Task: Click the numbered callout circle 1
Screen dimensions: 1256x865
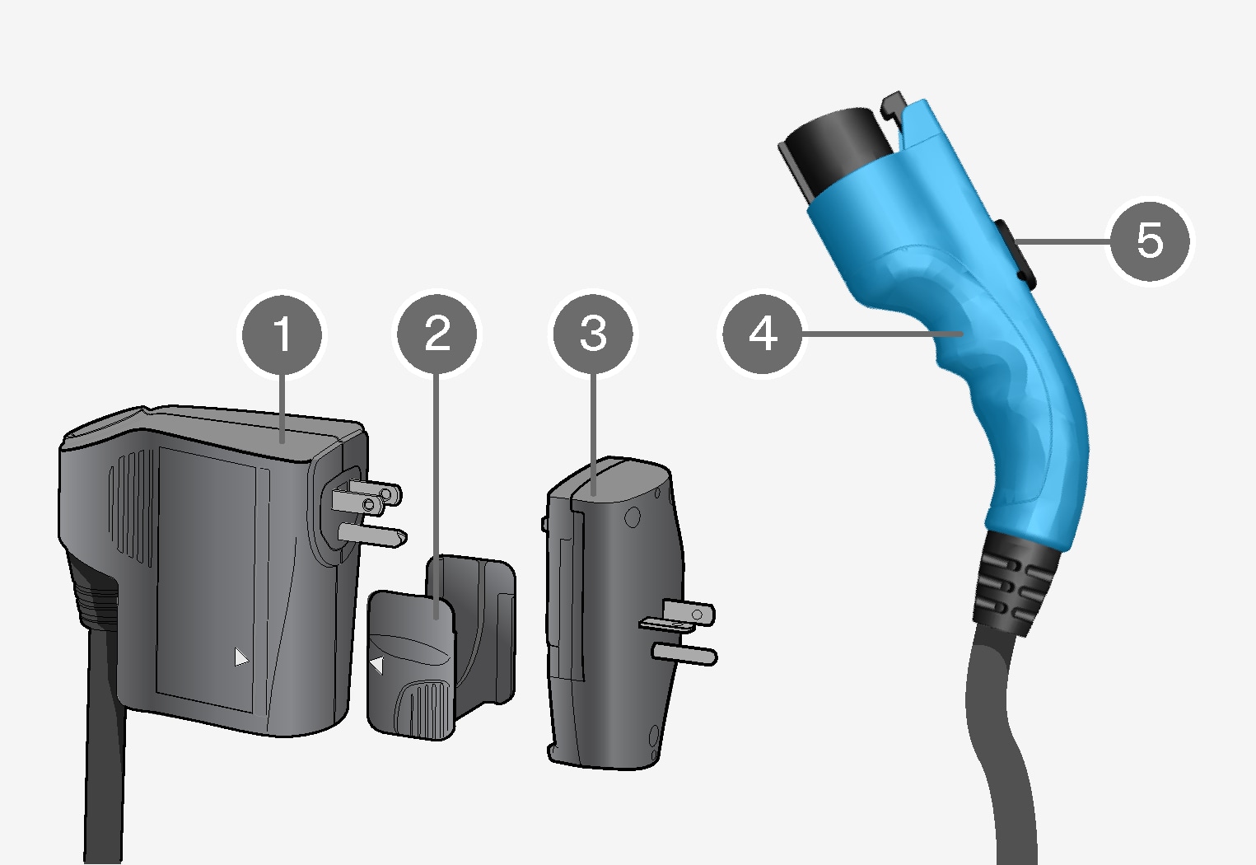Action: (x=282, y=335)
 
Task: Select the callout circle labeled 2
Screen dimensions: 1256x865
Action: (x=437, y=334)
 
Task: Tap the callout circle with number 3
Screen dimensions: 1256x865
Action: (x=593, y=334)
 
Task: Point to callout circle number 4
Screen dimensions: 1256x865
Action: (x=763, y=334)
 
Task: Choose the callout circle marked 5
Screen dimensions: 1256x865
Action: (x=1150, y=241)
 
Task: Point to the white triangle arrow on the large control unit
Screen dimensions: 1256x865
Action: (x=241, y=657)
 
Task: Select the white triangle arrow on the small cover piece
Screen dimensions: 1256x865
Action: (x=377, y=666)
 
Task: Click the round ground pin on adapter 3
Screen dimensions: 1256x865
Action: (x=684, y=655)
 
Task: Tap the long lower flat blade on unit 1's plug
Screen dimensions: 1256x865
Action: (x=373, y=535)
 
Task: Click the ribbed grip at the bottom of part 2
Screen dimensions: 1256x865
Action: (x=424, y=708)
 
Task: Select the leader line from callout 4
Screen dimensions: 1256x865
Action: (x=883, y=334)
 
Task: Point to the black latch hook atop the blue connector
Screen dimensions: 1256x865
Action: (x=894, y=105)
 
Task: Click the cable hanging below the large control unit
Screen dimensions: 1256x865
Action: (x=105, y=746)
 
